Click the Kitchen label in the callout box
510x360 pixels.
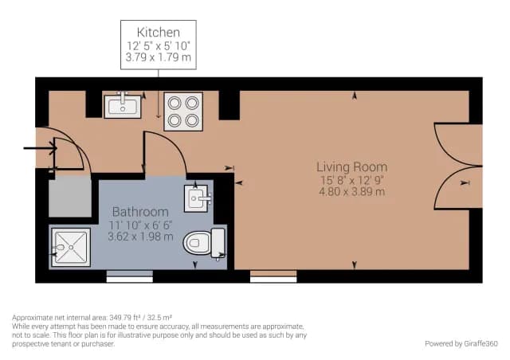tap(159, 32)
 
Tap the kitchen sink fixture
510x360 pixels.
tap(123, 106)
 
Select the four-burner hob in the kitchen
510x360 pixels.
tap(183, 112)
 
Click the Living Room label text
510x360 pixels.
tap(352, 167)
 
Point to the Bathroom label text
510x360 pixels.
tap(140, 212)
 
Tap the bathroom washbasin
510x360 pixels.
tap(197, 198)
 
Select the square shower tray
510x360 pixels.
tap(71, 247)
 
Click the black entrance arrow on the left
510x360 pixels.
tap(41, 149)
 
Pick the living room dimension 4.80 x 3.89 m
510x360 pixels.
tap(352, 191)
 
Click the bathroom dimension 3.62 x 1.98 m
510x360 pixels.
tap(140, 237)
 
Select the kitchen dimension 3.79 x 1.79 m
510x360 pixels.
tap(159, 57)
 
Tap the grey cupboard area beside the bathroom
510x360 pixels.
tap(70, 197)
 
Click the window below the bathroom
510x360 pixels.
tap(130, 276)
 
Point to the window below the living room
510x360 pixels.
tap(273, 276)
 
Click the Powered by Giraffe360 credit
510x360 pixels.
tap(461, 343)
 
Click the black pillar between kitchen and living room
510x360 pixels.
tap(229, 105)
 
